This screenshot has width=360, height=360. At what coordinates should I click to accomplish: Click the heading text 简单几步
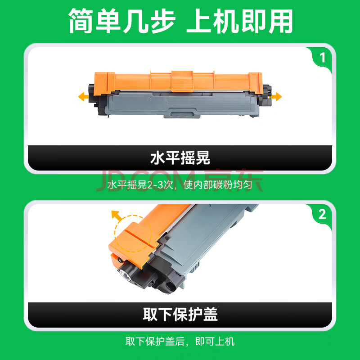click(x=122, y=21)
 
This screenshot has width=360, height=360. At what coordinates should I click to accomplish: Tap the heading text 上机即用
click(x=239, y=21)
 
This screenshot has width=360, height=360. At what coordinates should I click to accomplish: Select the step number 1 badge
click(x=323, y=58)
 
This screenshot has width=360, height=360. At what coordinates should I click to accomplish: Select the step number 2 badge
click(x=322, y=215)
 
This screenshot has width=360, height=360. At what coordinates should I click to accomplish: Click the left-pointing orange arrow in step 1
click(x=83, y=97)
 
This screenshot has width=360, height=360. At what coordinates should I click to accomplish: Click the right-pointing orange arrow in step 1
click(x=276, y=96)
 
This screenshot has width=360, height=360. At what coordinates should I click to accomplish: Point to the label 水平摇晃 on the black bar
click(x=180, y=158)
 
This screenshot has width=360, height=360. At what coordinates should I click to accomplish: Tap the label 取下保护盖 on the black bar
click(x=180, y=315)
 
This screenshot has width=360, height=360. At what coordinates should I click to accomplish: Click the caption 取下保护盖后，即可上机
click(x=180, y=342)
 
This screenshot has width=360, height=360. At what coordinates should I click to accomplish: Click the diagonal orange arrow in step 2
click(x=117, y=216)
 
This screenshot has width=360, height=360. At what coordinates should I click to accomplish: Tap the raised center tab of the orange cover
click(x=182, y=81)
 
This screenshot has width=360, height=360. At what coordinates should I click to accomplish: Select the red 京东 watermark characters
click(x=234, y=181)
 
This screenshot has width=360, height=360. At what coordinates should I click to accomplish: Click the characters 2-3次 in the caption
click(x=160, y=185)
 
